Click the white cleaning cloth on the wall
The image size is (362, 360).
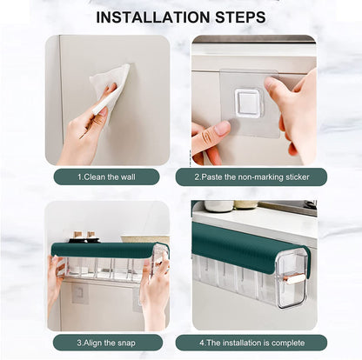[x=112, y=84]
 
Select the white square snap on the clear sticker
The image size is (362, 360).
[x=248, y=103]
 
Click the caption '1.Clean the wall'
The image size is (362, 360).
[x=106, y=177]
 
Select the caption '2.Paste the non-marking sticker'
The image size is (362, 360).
[x=251, y=177]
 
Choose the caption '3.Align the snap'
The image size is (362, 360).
[x=106, y=343]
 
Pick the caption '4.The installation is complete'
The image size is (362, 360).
[x=251, y=343]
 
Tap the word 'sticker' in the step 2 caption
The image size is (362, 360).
[x=299, y=177]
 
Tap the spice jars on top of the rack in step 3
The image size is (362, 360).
[x=83, y=237]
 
